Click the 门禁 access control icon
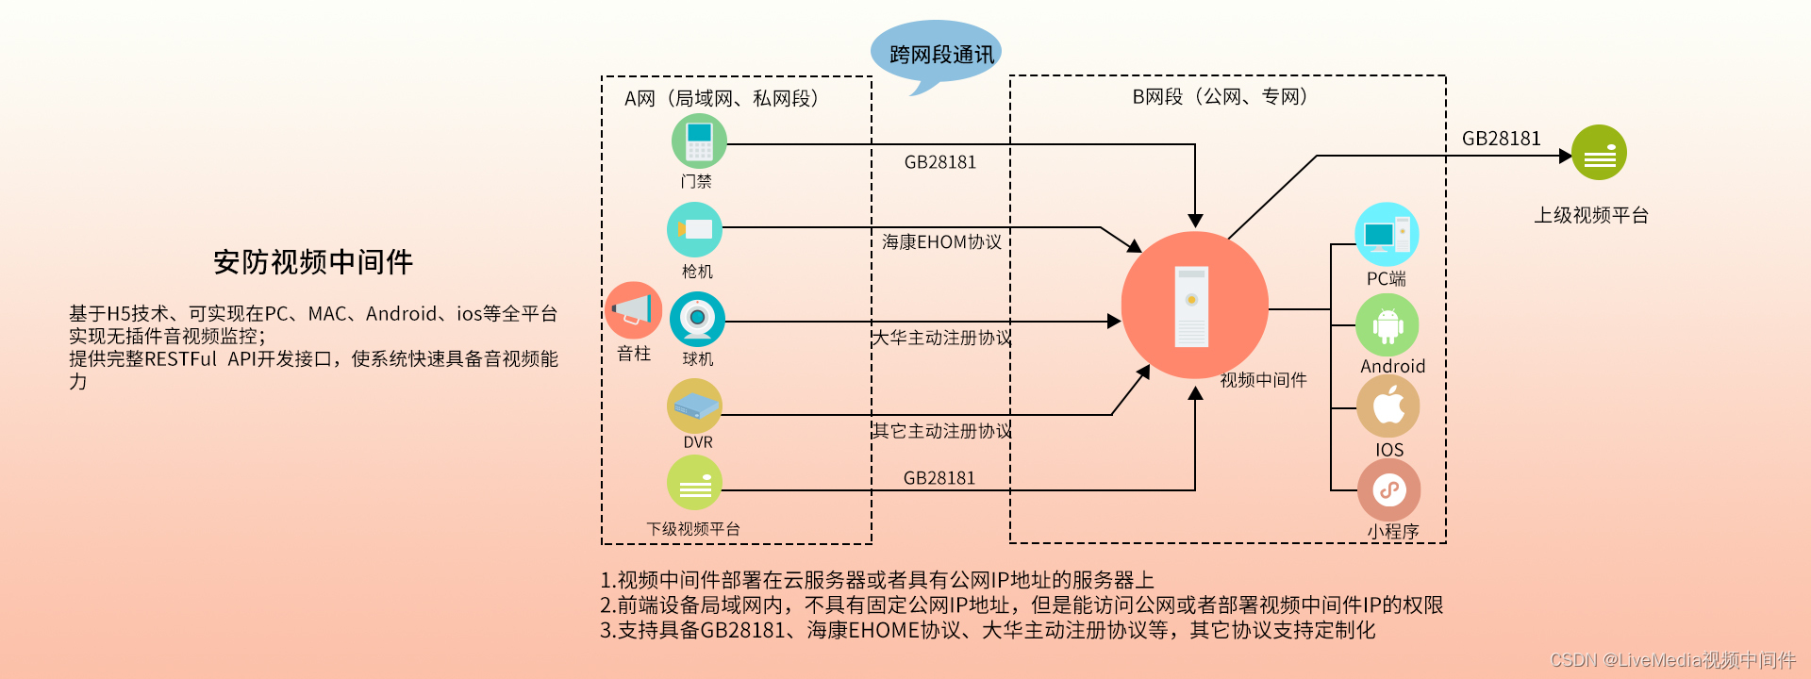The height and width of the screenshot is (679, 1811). point(699,141)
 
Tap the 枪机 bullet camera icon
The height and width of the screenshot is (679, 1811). point(695,229)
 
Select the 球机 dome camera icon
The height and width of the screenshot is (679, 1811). point(697,319)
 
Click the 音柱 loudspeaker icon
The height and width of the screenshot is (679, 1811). point(633,310)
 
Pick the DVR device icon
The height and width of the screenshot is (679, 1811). point(695,406)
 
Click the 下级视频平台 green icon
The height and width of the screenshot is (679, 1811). point(695,483)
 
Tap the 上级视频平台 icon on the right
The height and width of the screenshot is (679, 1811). point(1599,153)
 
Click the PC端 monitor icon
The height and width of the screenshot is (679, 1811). point(1387,234)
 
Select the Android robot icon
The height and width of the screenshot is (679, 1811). point(1387,325)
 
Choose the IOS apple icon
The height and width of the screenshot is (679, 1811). point(1388,406)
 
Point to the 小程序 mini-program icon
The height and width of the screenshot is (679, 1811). point(1388,490)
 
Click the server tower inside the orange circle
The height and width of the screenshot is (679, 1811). point(1192,306)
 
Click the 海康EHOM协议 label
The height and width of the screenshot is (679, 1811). point(941,242)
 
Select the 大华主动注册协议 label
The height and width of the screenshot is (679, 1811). point(941,338)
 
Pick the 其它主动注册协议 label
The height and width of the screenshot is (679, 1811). point(941,431)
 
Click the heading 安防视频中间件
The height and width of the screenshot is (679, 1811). point(313,262)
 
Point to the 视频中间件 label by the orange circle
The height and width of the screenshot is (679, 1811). point(1263,380)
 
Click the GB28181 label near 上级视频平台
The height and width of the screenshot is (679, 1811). point(1501,139)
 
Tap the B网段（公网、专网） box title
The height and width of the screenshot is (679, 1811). point(1220,96)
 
